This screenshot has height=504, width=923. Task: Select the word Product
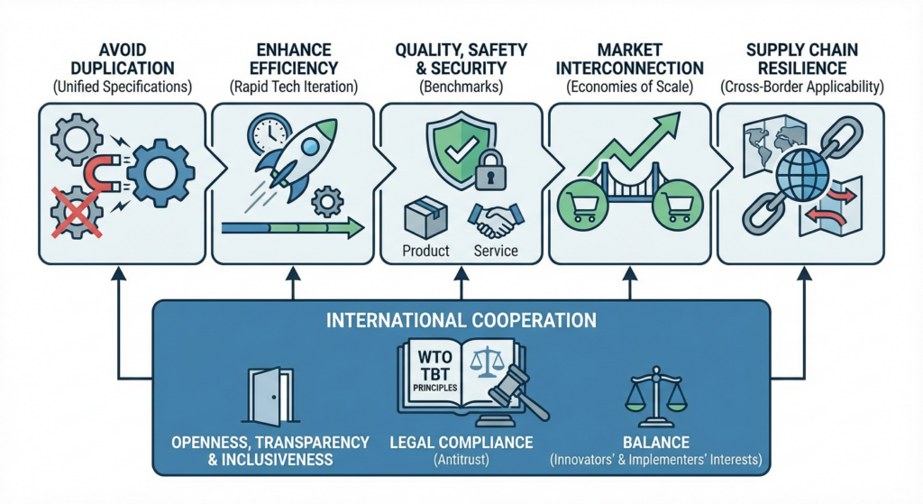click(x=425, y=250)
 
